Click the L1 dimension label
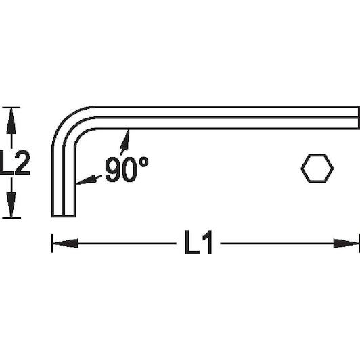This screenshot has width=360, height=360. pyautogui.click(x=198, y=243)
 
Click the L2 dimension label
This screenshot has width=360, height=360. pyautogui.click(x=14, y=162)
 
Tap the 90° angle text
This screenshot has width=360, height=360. pyautogui.click(x=127, y=169)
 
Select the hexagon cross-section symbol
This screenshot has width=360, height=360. pyautogui.click(x=317, y=168)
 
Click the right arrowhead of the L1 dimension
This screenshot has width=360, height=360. pyautogui.click(x=346, y=244)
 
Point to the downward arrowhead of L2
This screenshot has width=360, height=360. pyautogui.click(x=12, y=204)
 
